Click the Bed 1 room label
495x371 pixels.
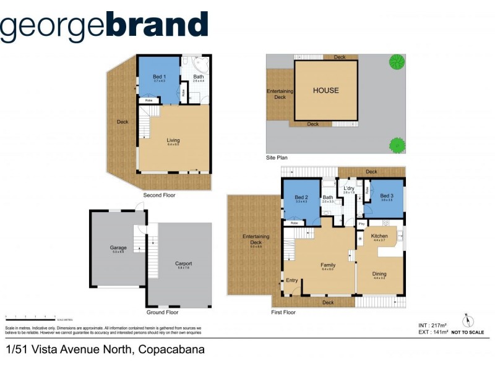159,77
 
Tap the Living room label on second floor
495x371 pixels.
173,140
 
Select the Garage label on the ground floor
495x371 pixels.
118,248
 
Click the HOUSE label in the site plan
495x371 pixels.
325,90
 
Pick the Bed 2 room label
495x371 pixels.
301,197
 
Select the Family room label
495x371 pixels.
328,265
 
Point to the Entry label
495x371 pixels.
292,281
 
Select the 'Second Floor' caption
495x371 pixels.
159,195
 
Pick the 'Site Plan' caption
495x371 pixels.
277,158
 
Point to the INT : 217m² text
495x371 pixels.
432,325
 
